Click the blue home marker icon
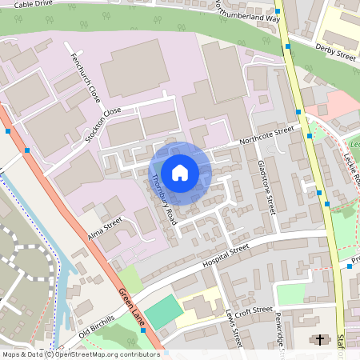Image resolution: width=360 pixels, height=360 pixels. pos(180,172)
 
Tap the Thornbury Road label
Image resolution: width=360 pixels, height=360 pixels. pos(164,200)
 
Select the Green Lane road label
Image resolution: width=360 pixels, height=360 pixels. pos(134,306)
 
